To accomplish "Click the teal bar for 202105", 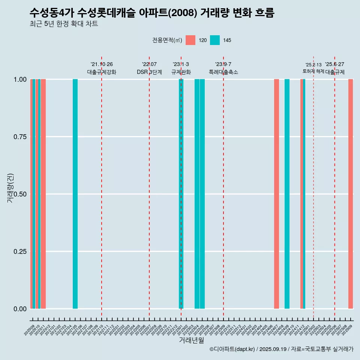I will [75, 194].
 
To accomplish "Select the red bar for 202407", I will [276, 194].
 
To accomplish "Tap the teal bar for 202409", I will [287, 194].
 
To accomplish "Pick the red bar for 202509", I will [351, 194].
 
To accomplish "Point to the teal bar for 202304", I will [197, 194].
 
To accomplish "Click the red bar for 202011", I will [43, 194].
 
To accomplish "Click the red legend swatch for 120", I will [190, 40].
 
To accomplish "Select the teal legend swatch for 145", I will [215, 40].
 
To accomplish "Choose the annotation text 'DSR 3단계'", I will [149, 72].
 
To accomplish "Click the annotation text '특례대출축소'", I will [223, 72].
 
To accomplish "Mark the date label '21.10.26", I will [102, 64].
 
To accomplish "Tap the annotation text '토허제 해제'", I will [313, 71].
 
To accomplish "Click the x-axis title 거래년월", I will [191, 340].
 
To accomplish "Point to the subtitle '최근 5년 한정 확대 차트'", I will [64, 24].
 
